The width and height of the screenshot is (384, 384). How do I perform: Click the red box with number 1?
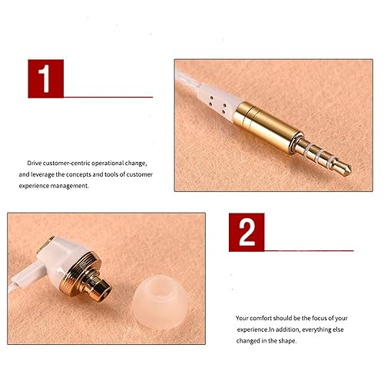click(x=46, y=78)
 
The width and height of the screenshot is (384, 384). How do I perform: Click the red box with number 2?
click(x=247, y=232)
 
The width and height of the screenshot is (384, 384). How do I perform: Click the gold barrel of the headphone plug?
click(x=267, y=126)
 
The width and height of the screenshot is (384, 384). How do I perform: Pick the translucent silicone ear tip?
click(x=160, y=302)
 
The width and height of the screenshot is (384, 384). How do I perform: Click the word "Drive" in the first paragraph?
click(x=35, y=163)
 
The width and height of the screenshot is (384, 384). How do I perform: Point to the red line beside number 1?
click(x=108, y=98)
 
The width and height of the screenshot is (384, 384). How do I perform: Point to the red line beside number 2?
click(x=310, y=250)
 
